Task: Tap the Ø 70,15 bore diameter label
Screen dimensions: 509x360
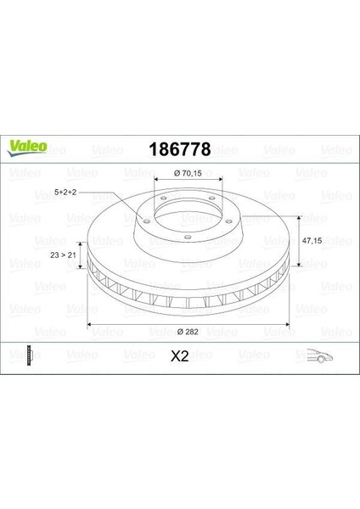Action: point(187,173)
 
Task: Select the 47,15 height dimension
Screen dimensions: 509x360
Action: point(313,240)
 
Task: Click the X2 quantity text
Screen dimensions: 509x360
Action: point(180,357)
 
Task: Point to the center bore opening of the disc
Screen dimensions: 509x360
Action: point(187,217)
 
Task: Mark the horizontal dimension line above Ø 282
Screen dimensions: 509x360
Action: point(187,327)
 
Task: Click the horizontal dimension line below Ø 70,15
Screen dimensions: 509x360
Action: point(187,180)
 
